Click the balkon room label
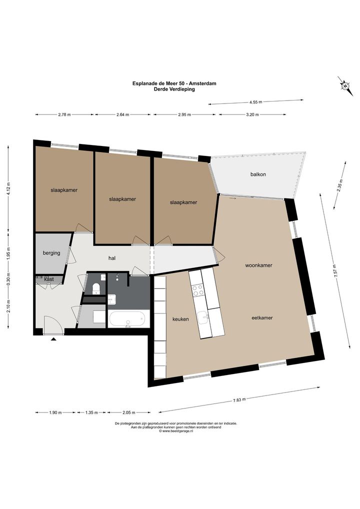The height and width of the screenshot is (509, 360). click(258, 174)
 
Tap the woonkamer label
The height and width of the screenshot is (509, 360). click(258, 265)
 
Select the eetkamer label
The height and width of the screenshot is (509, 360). click(262, 318)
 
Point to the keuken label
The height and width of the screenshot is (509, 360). click(180, 319)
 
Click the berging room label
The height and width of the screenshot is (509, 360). click(51, 253)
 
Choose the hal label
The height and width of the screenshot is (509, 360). click(112, 258)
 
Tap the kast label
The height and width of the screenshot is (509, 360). click(49, 279)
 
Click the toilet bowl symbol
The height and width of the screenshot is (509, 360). click(96, 288)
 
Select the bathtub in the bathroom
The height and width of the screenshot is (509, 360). click(126, 319)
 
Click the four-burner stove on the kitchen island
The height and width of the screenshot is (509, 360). click(198, 290)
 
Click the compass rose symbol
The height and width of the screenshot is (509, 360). click(345, 86)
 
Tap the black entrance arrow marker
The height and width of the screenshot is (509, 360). click(53, 339)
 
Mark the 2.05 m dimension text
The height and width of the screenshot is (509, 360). click(129, 412)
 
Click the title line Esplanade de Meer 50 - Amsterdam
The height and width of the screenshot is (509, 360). click(174, 83)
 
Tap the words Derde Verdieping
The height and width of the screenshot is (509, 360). click(174, 89)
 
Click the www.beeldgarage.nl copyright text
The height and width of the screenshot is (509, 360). click(176, 431)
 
